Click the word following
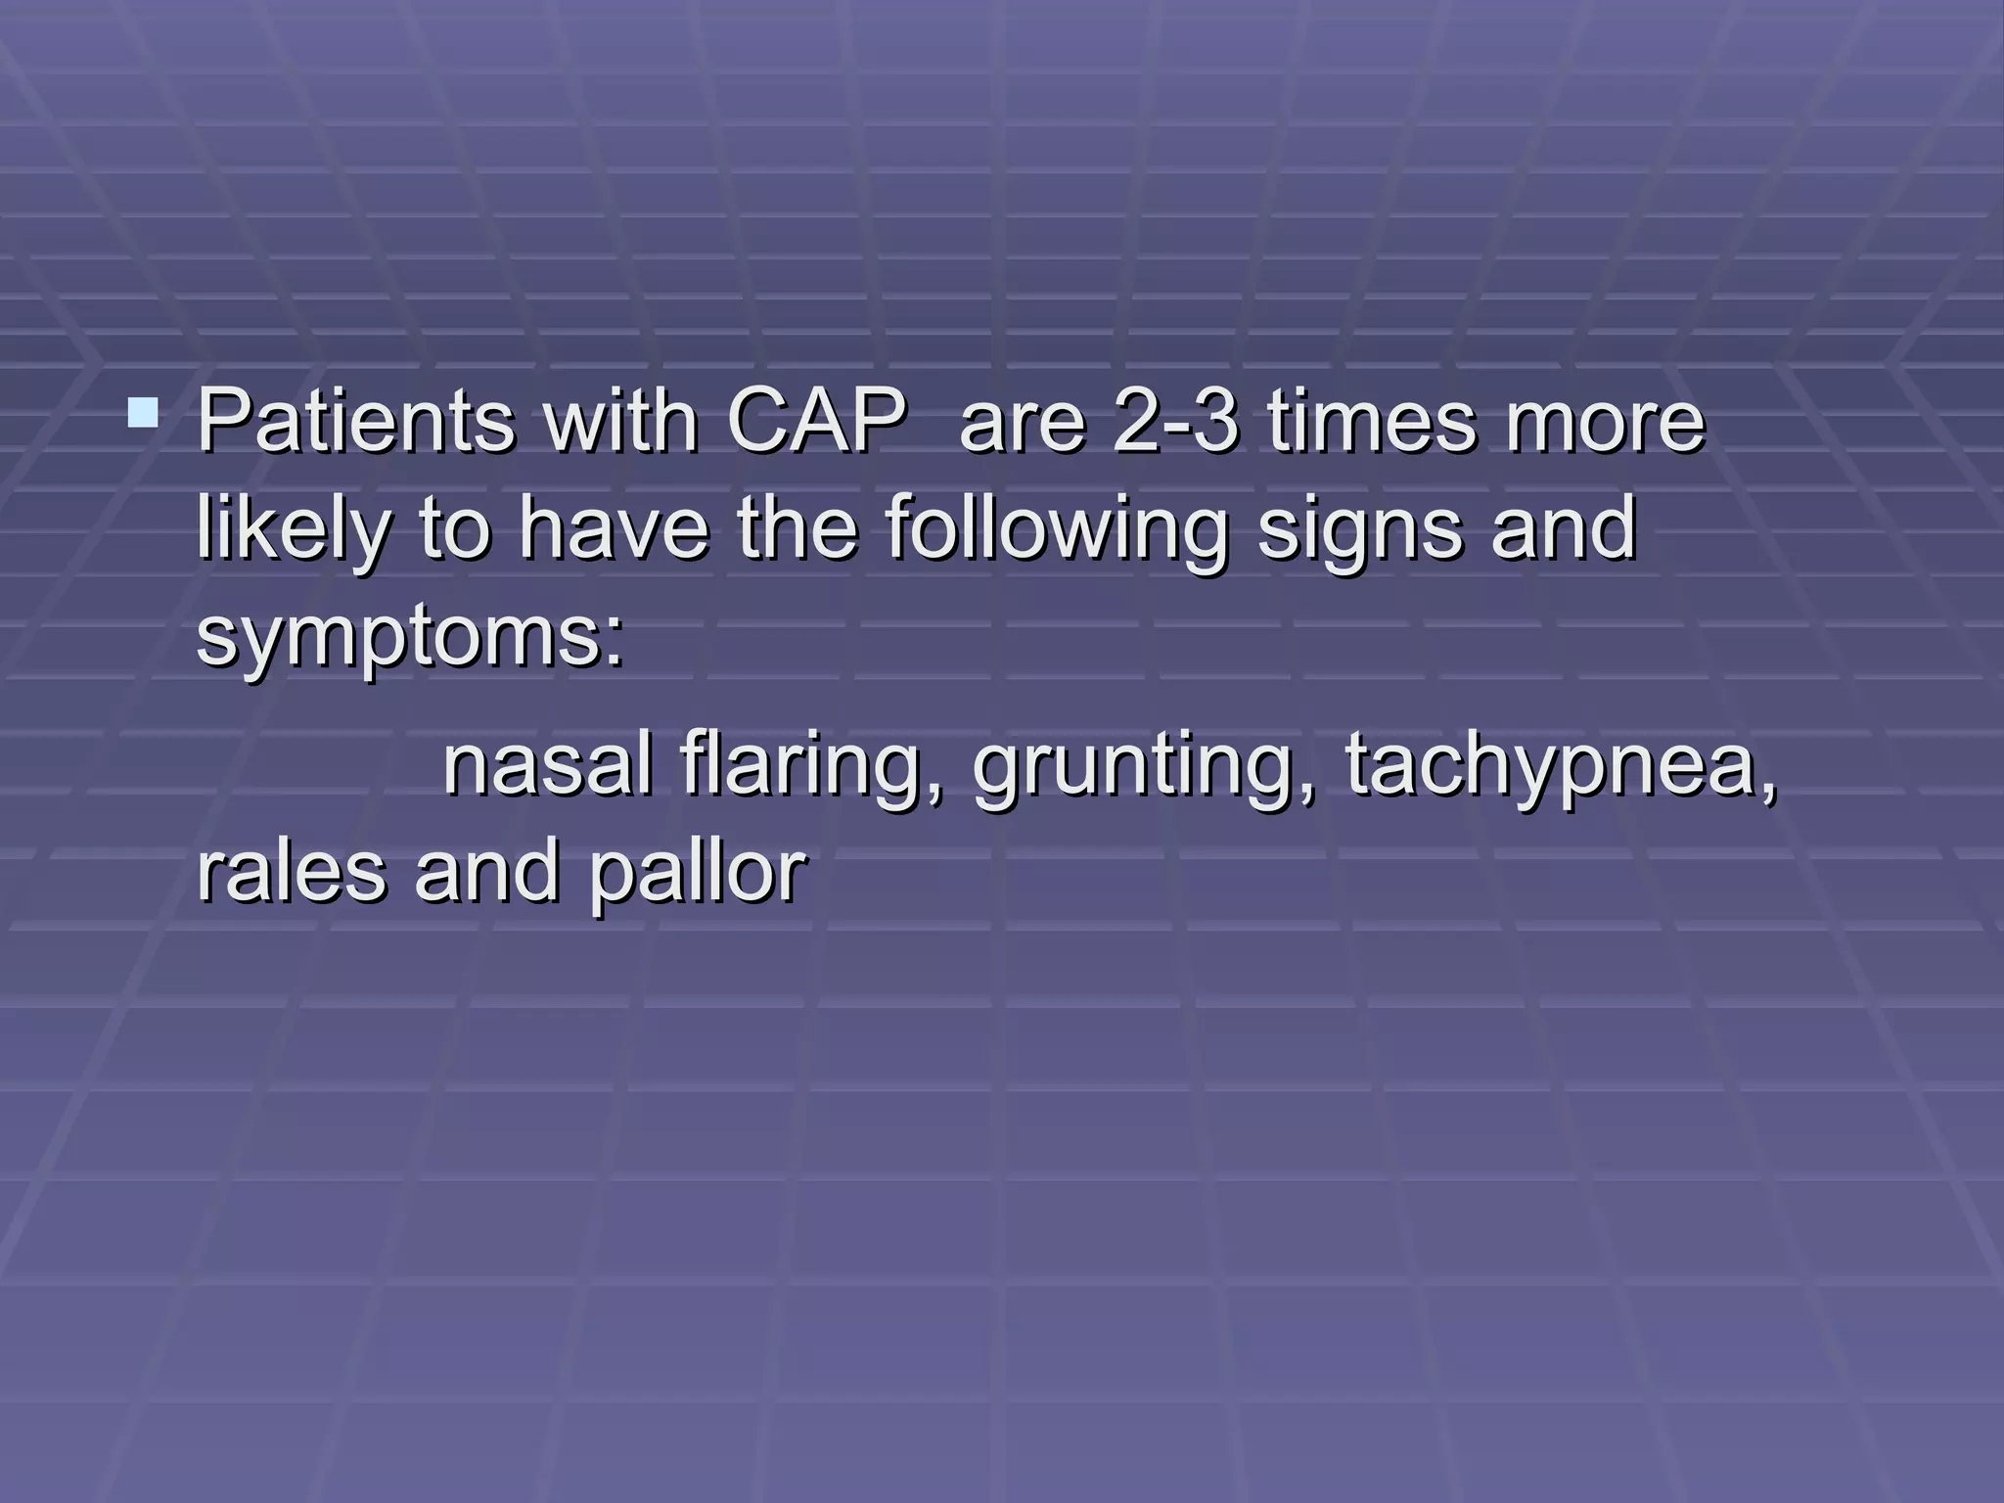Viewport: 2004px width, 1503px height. pyautogui.click(x=1057, y=531)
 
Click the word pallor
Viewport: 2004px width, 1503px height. pyautogui.click(x=699, y=873)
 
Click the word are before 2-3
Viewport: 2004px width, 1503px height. pyautogui.click(x=1024, y=423)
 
